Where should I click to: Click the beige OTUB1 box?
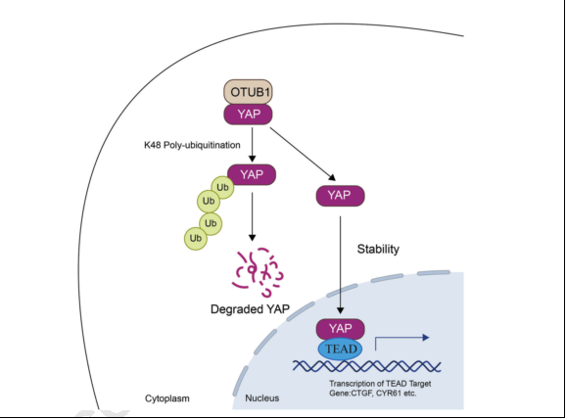(x=248, y=92)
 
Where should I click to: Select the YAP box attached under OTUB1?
(x=248, y=115)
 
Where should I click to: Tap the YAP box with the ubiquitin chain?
(x=252, y=174)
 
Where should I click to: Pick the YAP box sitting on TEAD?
(x=341, y=329)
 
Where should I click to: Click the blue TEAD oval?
(x=340, y=349)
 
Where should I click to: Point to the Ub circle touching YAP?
(x=222, y=187)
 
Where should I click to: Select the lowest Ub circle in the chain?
(x=196, y=238)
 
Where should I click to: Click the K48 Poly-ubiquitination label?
(x=192, y=145)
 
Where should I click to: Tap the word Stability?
(x=378, y=249)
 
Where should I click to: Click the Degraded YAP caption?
(x=250, y=309)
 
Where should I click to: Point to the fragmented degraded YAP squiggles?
(x=259, y=271)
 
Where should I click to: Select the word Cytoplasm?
(x=167, y=398)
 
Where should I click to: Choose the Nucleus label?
(x=262, y=398)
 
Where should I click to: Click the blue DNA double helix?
(x=366, y=366)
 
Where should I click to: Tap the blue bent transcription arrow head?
(x=426, y=338)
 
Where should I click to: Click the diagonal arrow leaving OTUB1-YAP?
(x=303, y=154)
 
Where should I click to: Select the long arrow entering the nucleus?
(x=340, y=265)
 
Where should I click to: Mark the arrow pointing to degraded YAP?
(x=253, y=216)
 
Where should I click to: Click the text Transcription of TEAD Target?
(x=380, y=384)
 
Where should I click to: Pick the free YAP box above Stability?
(x=341, y=196)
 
